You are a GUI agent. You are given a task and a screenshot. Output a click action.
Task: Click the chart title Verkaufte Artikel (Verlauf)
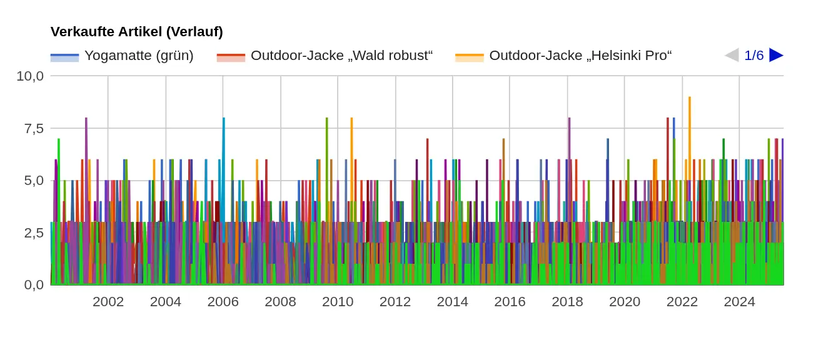coord(136,32)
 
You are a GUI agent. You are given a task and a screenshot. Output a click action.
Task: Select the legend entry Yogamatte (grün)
coord(139,56)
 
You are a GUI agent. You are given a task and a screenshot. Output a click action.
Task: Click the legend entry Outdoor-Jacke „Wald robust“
coord(341,56)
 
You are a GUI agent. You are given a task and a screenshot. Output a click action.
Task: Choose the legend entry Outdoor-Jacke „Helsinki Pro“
coord(580,56)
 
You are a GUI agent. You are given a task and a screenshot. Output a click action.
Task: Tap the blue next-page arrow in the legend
coord(776,55)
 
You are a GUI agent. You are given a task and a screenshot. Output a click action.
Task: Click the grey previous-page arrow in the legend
coord(731,55)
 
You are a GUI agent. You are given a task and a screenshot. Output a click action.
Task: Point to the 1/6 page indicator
coord(753,56)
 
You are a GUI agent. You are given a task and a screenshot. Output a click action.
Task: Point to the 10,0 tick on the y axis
coord(30,76)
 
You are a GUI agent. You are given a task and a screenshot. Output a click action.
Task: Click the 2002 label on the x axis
coord(108,302)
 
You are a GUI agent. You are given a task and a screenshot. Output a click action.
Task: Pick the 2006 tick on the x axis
coord(223,302)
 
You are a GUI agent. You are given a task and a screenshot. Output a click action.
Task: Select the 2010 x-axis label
coord(338,302)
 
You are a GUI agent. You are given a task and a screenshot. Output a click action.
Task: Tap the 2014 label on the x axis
coord(452,302)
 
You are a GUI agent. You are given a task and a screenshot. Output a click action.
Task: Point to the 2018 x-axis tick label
coord(567,302)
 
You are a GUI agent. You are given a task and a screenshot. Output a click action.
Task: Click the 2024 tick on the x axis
coord(739,302)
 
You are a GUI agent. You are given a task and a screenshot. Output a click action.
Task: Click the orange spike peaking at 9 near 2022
coord(689,100)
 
